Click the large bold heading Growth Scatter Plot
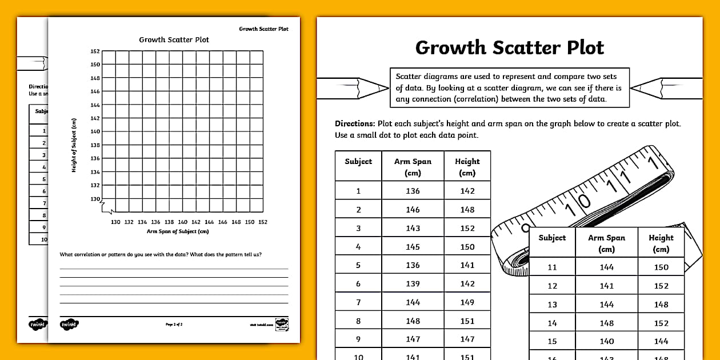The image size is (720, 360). (x=509, y=47)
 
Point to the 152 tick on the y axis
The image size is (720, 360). (x=95, y=51)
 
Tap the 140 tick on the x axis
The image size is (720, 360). (x=182, y=222)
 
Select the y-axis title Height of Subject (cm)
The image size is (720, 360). (x=74, y=145)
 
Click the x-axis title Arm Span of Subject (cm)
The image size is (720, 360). (x=178, y=231)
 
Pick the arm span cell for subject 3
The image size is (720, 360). (x=413, y=228)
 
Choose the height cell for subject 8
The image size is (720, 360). (x=467, y=321)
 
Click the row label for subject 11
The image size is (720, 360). (x=552, y=267)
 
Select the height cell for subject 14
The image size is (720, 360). (x=661, y=323)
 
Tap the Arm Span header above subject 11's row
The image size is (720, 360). (x=606, y=243)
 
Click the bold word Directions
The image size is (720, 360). (x=354, y=123)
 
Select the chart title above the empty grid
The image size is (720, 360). (x=174, y=40)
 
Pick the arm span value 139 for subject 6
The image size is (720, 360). (x=413, y=284)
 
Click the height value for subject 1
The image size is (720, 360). (x=467, y=191)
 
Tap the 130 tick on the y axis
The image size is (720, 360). (x=95, y=199)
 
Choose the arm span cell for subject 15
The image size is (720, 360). (x=606, y=341)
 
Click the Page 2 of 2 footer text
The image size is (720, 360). (x=174, y=325)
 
